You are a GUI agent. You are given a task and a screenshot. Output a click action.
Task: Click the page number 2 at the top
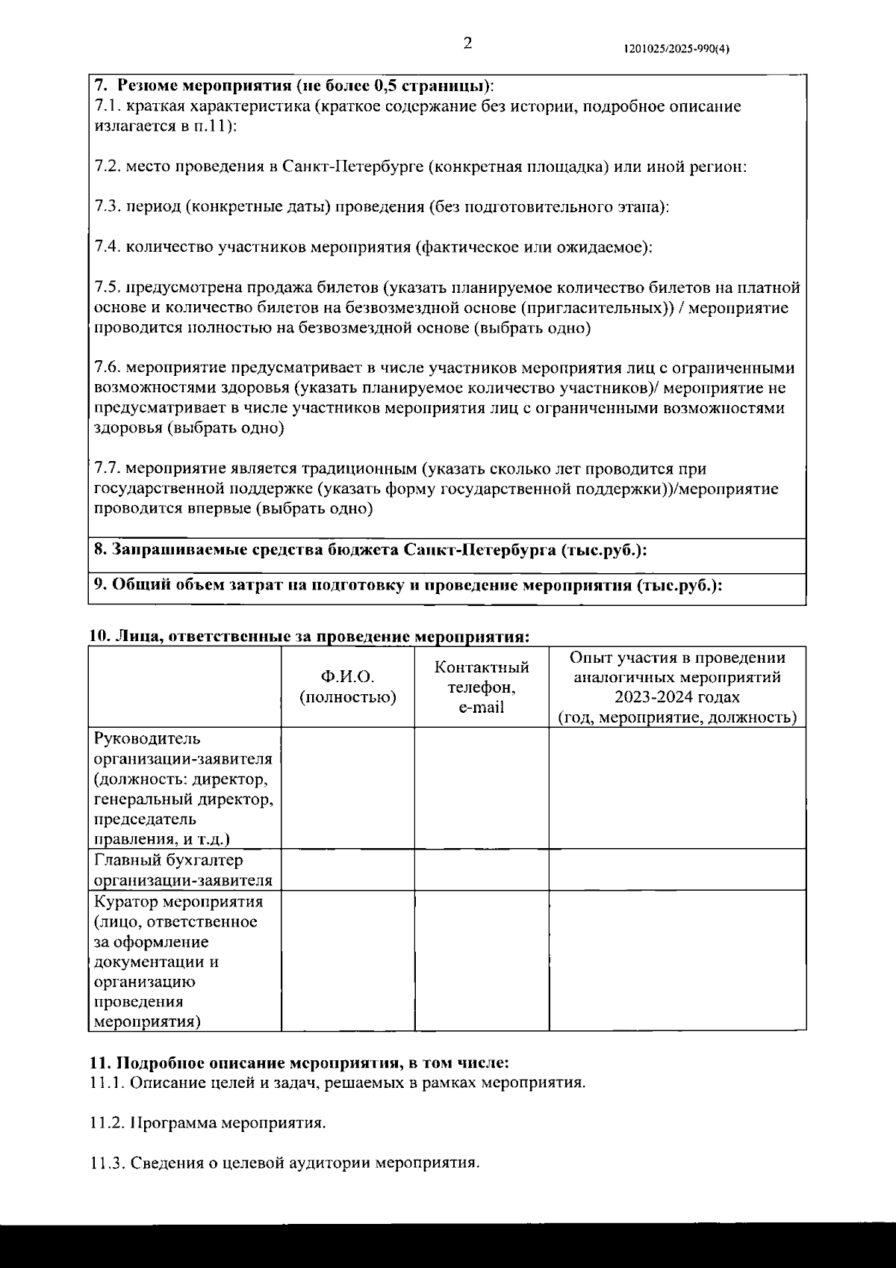point(467,43)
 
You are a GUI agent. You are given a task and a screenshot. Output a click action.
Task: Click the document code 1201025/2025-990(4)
point(676,49)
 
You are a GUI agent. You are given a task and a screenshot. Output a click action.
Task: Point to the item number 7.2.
point(108,167)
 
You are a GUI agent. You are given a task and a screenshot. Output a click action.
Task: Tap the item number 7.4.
point(108,247)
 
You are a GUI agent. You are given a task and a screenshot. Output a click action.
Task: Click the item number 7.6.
point(108,368)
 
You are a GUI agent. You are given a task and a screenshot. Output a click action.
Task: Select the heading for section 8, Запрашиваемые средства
point(370,550)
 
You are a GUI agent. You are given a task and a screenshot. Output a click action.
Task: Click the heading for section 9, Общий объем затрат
point(407,585)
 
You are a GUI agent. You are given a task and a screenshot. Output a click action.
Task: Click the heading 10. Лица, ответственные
point(309,637)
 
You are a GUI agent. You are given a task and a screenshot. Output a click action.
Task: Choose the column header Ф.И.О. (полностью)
point(347,687)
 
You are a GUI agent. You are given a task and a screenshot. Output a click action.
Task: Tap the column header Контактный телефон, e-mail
point(482,687)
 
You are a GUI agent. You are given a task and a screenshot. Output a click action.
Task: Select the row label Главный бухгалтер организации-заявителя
point(183,870)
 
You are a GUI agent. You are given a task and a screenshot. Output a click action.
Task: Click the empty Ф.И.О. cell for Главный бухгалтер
point(347,870)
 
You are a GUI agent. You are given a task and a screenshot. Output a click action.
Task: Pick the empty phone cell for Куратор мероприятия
point(482,961)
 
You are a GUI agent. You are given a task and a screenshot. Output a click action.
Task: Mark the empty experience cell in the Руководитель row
point(677,788)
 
